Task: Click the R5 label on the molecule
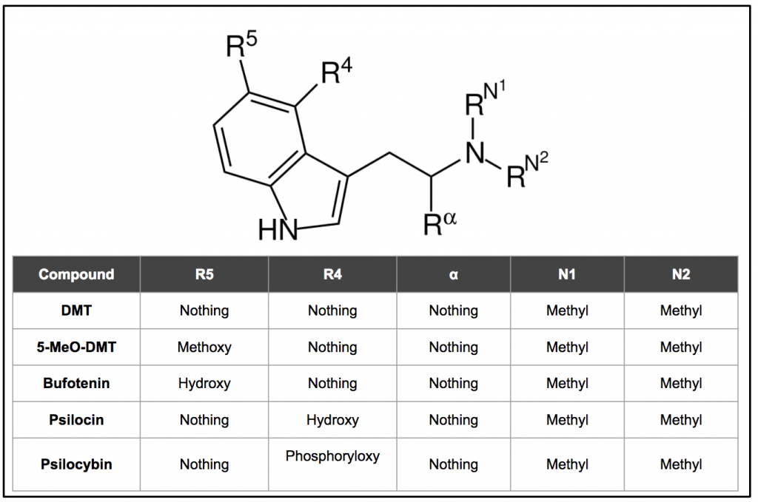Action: click(241, 44)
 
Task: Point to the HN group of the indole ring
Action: click(278, 230)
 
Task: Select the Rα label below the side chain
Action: click(440, 223)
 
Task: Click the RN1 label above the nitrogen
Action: click(485, 99)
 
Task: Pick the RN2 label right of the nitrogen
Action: click(527, 169)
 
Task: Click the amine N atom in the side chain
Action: click(474, 154)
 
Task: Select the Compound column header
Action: click(76, 274)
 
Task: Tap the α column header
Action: click(454, 274)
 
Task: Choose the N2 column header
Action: click(681, 274)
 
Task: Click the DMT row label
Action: click(76, 311)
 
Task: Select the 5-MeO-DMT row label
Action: click(76, 347)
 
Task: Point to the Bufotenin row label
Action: click(76, 383)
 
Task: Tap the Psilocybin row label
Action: click(76, 464)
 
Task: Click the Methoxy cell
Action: click(204, 347)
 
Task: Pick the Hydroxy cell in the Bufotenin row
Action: click(204, 384)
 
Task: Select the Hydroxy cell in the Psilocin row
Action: click(332, 421)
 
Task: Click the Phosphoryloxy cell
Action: click(332, 457)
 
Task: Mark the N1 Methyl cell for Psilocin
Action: click(567, 421)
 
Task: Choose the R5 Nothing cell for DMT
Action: click(204, 311)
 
